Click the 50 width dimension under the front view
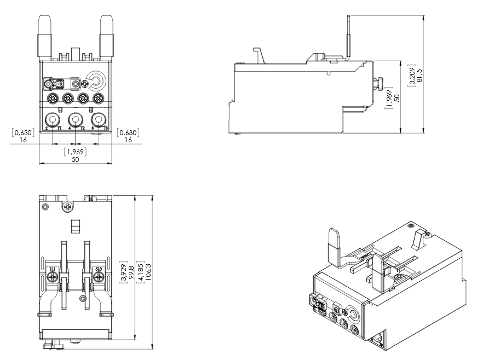pos(76,159)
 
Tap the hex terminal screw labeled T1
pos(52,120)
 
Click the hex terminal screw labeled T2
pos(76,120)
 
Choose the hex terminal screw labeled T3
pos(99,120)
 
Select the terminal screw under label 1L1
pos(52,277)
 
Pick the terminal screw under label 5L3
pos(99,277)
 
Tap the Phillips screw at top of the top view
pos(67,207)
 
